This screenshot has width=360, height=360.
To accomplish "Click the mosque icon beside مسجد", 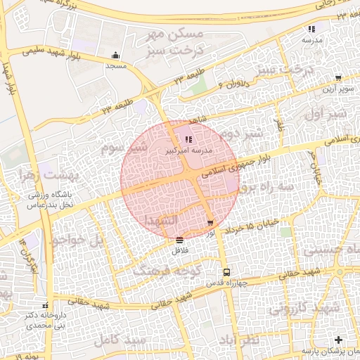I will pos(115,56).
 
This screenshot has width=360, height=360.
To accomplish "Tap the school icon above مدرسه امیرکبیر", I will pos(188,139).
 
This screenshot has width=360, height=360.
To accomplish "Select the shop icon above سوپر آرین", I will pos(338,78).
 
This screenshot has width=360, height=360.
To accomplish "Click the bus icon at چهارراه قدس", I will pos(226,272).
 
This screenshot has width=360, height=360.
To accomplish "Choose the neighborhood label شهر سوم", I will pos(123,148).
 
